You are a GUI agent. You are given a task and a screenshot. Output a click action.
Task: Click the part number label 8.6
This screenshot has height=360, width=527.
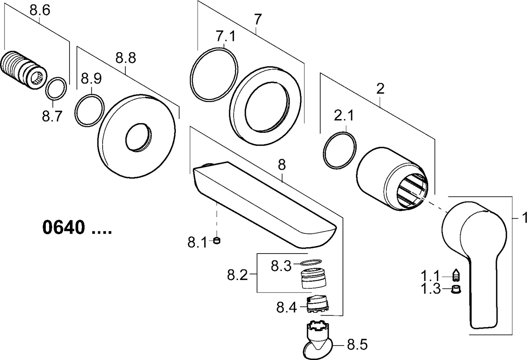pos(39,11)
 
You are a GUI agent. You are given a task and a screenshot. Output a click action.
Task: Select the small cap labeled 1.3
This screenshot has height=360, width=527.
pos(454,289)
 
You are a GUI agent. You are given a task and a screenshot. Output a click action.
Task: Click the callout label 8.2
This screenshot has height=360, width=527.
pos(237,275)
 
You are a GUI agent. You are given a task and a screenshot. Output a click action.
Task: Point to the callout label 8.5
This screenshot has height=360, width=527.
pos(357,345)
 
